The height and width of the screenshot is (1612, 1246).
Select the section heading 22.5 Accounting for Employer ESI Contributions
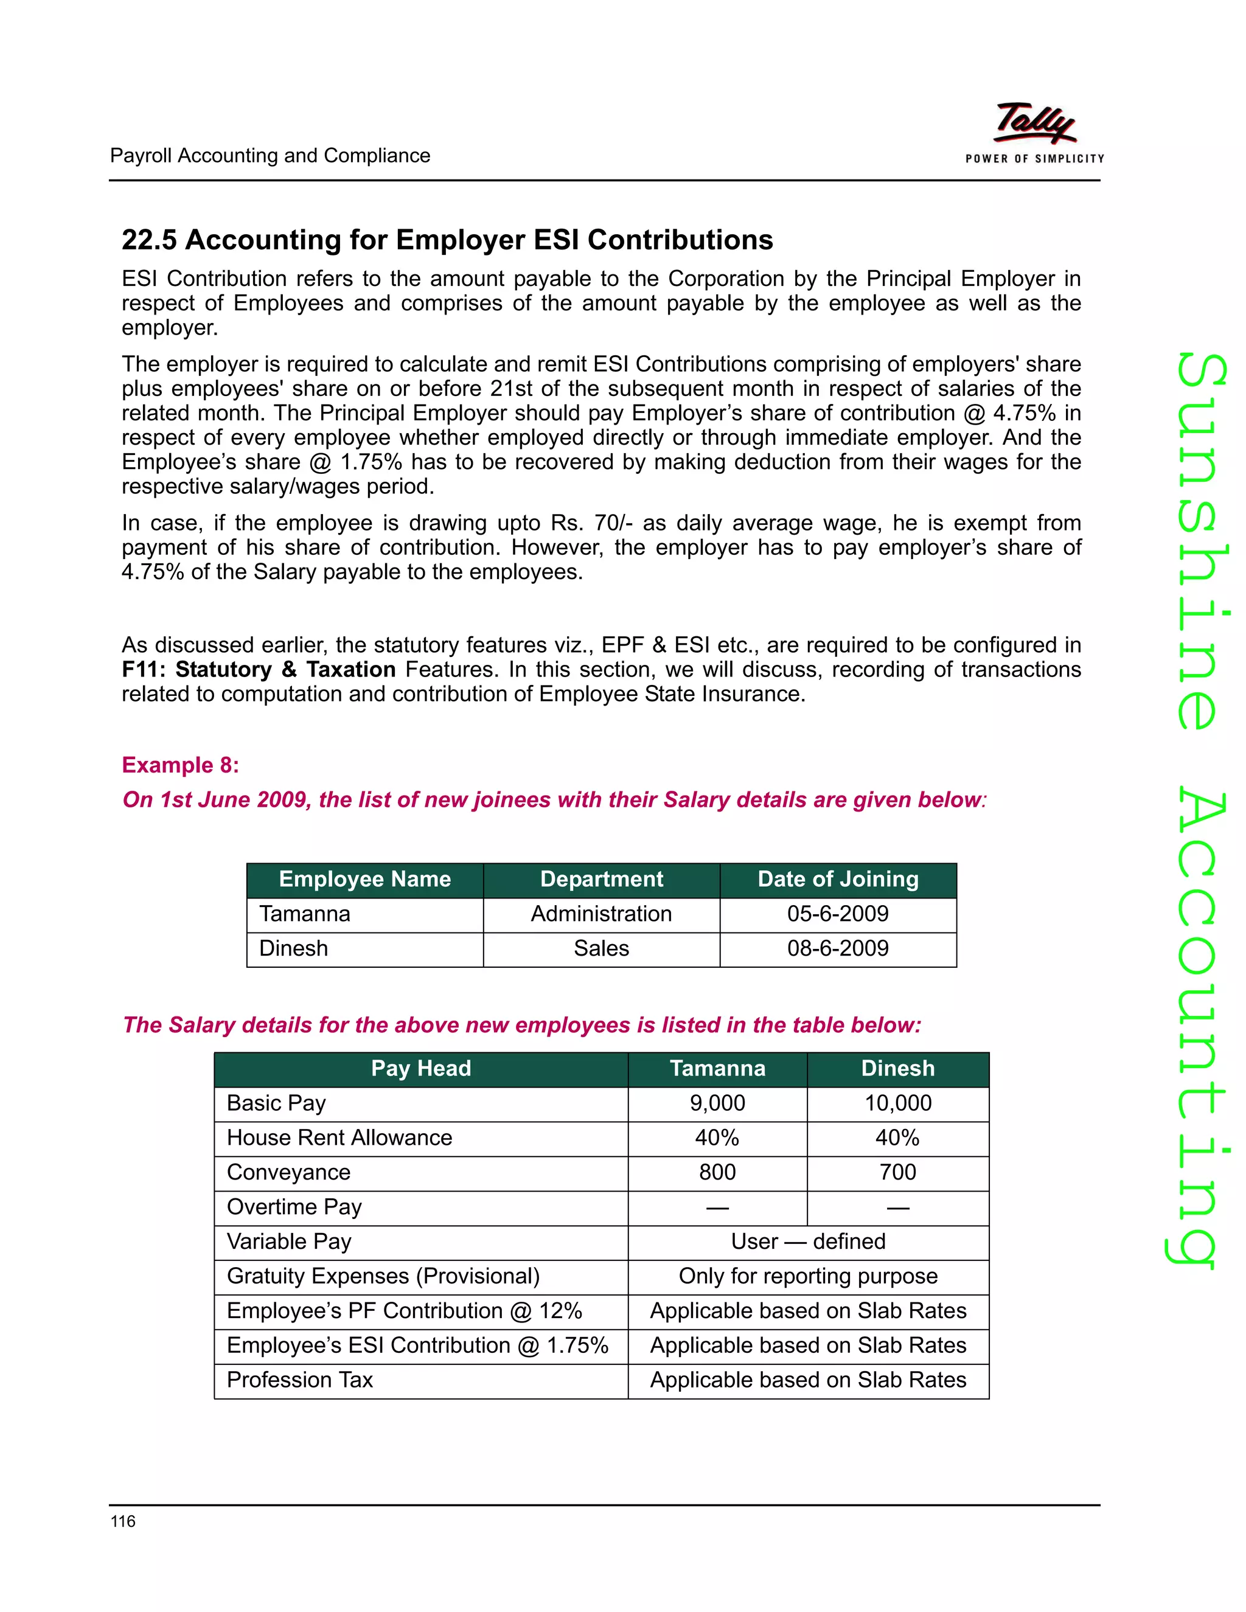click(447, 240)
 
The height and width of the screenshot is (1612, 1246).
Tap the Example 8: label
click(180, 765)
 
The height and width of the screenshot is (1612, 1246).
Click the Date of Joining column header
click(838, 879)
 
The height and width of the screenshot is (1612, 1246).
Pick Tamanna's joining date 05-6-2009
click(838, 914)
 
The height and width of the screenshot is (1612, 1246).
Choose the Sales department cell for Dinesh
click(601, 948)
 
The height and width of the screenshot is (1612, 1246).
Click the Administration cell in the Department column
click(601, 914)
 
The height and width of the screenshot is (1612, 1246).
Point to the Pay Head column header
click(421, 1069)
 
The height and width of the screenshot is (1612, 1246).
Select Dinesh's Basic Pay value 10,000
click(897, 1103)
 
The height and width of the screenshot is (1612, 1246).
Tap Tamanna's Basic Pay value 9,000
click(717, 1103)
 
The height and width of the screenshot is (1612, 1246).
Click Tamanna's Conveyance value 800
click(717, 1173)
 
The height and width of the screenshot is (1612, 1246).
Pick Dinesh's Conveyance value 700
click(897, 1173)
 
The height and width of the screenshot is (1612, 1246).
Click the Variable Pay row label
click(288, 1242)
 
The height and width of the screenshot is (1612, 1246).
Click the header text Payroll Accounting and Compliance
click(270, 156)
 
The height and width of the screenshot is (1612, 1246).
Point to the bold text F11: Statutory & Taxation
click(259, 670)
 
